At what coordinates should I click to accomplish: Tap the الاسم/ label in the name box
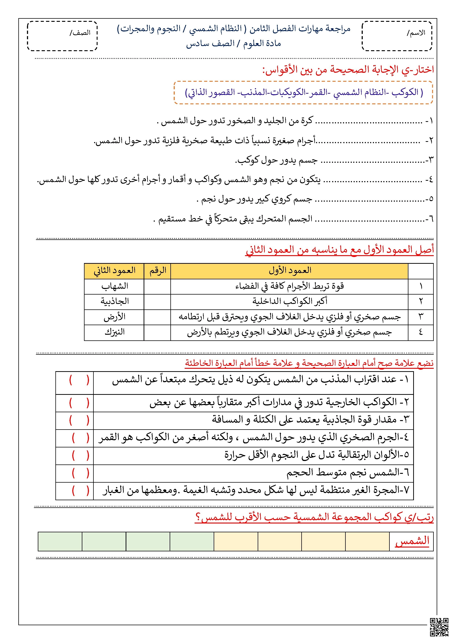pyautogui.click(x=416, y=33)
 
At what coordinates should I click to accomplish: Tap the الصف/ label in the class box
pyautogui.click(x=80, y=33)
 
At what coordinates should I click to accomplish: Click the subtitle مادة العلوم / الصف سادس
pyautogui.click(x=233, y=44)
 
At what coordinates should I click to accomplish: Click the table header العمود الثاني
pyautogui.click(x=114, y=271)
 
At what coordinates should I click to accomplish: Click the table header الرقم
pyautogui.click(x=158, y=271)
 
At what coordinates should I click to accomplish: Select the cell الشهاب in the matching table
pyautogui.click(x=114, y=286)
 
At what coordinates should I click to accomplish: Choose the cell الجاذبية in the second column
pyautogui.click(x=114, y=301)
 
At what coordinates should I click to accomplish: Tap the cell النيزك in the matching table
pyautogui.click(x=114, y=332)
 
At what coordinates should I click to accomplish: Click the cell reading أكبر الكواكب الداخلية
pyautogui.click(x=289, y=301)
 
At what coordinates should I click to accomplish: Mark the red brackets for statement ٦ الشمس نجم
pyautogui.click(x=80, y=473)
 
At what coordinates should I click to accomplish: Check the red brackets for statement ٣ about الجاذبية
pyautogui.click(x=79, y=420)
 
